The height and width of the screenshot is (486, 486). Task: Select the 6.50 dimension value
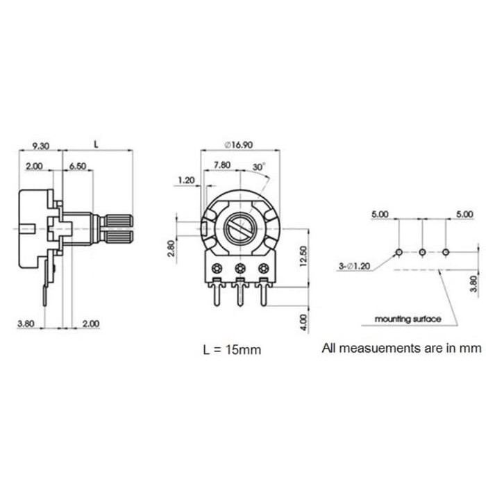tap(78, 167)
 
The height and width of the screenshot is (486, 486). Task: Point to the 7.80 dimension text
tap(222, 165)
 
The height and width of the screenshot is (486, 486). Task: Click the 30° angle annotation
tap(258, 167)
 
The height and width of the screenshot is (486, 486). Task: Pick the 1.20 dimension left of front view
tap(186, 181)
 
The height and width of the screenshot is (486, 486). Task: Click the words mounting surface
tap(408, 319)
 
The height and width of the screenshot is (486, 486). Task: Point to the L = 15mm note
tap(232, 349)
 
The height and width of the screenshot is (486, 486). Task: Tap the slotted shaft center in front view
tap(240, 228)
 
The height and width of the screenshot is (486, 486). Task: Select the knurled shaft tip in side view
tap(119, 227)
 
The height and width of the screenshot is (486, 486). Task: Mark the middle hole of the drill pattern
tap(422, 251)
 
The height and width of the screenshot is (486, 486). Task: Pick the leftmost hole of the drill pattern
tap(399, 251)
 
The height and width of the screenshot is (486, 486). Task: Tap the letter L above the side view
tap(97, 144)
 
